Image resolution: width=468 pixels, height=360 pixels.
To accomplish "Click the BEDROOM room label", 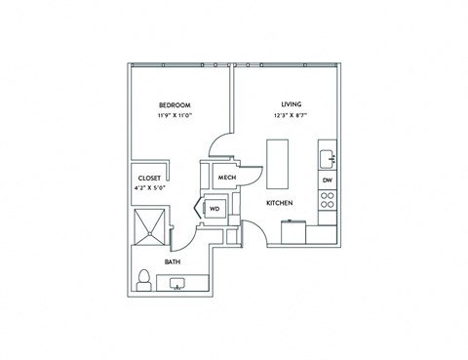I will [x=175, y=104].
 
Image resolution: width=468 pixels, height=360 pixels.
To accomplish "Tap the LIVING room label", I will [x=291, y=104].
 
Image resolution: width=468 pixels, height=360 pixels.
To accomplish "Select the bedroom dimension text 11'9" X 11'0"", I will [x=175, y=116].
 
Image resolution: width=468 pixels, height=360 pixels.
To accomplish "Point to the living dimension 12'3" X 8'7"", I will [x=291, y=116].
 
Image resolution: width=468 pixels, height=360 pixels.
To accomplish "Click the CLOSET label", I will [x=149, y=178].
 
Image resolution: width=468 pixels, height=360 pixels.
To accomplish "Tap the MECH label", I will [x=227, y=178].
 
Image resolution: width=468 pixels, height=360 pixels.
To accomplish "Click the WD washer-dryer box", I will [x=214, y=208].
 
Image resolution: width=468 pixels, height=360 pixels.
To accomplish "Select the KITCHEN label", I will [x=281, y=203].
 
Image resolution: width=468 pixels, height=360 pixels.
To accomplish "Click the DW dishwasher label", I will [x=328, y=180].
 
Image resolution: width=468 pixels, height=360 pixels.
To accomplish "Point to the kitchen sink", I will [x=329, y=156].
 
